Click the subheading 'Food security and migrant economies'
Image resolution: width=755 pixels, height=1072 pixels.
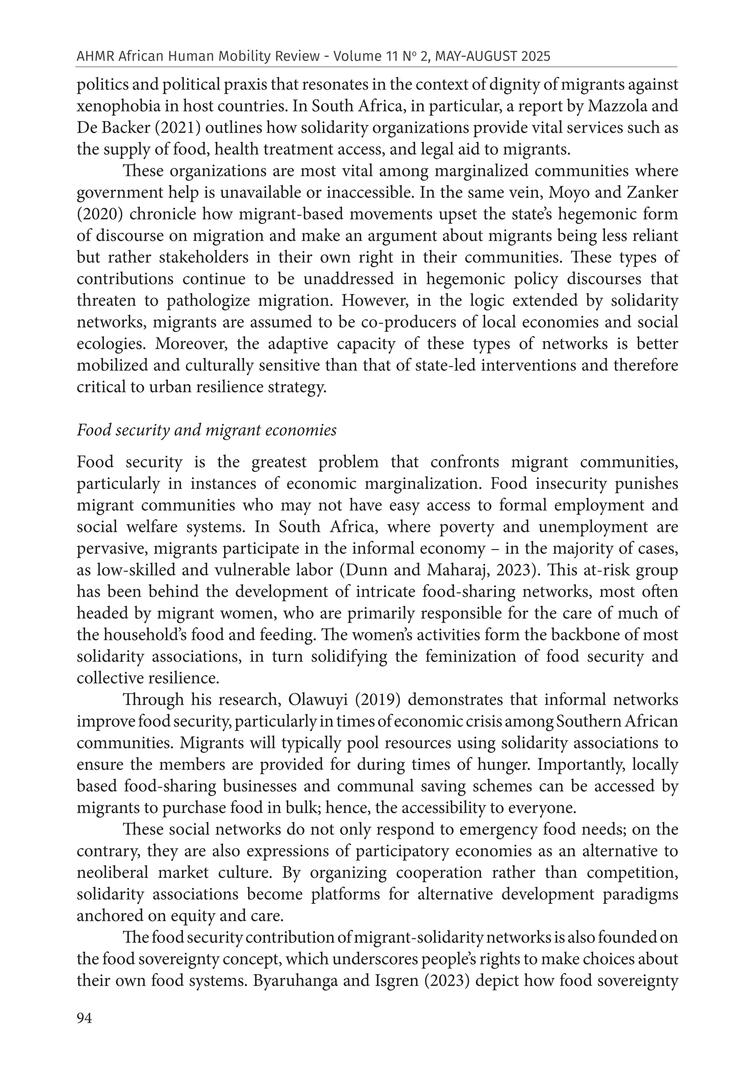click(207, 430)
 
